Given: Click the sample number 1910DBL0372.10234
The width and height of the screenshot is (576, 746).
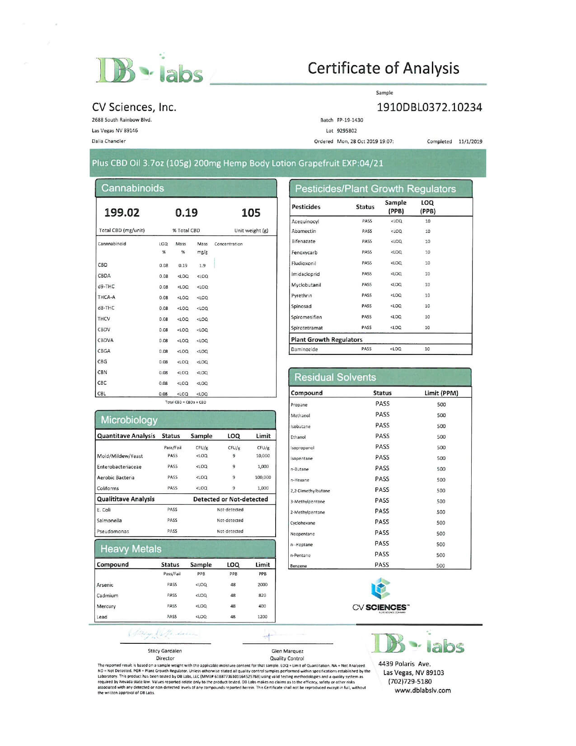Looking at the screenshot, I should tap(429, 107).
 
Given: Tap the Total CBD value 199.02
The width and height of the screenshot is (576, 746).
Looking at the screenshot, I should tap(122, 212).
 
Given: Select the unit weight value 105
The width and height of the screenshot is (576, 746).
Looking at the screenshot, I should tap(251, 212).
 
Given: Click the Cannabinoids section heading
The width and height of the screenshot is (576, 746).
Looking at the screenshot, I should tap(132, 188).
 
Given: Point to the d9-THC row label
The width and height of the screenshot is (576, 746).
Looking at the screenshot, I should tap(106, 287).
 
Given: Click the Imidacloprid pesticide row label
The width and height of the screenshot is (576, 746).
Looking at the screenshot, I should tap(305, 274).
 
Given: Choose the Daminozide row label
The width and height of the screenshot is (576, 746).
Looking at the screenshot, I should tap(304, 349).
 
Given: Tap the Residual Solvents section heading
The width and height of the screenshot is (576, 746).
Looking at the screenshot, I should tap(335, 377).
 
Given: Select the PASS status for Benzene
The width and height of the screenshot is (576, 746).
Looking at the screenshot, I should tap(382, 565).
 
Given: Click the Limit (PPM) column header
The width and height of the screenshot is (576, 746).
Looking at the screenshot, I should tap(441, 393).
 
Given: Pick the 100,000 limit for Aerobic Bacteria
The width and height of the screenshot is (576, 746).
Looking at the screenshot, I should tap(263, 477).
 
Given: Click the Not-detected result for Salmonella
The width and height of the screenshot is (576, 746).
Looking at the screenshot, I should tap(230, 520).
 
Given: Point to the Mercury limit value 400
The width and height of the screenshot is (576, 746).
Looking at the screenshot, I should tap(262, 606).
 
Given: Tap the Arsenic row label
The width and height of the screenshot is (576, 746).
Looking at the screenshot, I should tap(105, 585).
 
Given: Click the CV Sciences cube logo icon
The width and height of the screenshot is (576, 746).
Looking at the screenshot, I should tap(380, 588).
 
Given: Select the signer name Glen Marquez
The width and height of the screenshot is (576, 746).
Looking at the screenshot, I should tap(287, 651).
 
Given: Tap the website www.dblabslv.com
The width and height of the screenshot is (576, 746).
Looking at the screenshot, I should tap(422, 690).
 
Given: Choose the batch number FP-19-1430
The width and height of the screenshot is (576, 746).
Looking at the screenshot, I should tap(350, 120).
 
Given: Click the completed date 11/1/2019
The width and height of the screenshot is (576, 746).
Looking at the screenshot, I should tap(470, 142).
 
